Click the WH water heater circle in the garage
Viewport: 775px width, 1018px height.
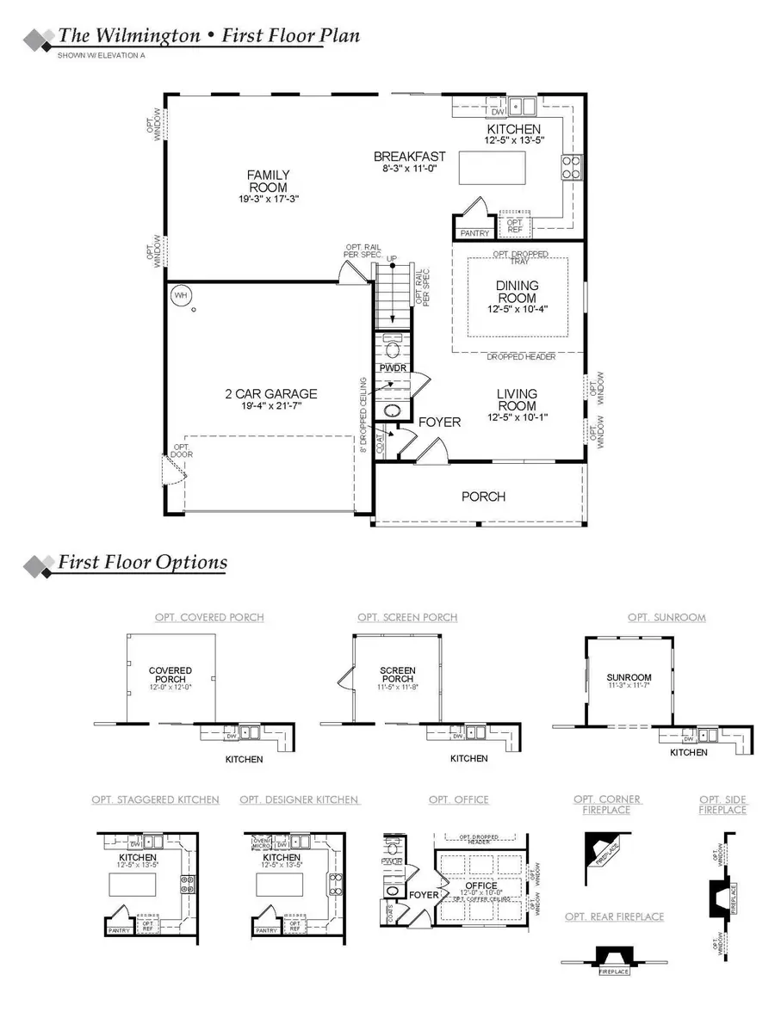[x=180, y=295]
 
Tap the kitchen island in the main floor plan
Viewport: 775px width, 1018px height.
[x=492, y=167]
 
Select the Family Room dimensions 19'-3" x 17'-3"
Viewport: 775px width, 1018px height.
[x=269, y=199]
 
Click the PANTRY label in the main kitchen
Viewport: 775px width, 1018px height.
[x=474, y=233]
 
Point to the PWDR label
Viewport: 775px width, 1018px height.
[x=391, y=368]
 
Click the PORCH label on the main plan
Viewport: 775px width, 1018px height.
[x=483, y=497]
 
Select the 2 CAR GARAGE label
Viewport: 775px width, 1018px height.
[x=271, y=394]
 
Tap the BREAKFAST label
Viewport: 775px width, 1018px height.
[x=409, y=157]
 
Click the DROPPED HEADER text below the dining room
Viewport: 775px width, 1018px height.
[x=520, y=357]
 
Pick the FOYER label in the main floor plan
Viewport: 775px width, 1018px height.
[x=439, y=423]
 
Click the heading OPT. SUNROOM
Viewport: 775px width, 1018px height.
[x=666, y=618]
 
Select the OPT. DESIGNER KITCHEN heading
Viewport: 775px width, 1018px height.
[x=299, y=800]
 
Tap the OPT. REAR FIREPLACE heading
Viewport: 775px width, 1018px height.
[x=614, y=917]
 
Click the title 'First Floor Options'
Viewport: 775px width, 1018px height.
[x=142, y=563]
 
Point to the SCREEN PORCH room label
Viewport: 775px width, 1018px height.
[x=398, y=675]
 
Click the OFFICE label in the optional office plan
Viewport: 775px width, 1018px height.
[x=480, y=885]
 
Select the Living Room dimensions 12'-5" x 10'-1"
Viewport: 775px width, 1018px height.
[x=517, y=417]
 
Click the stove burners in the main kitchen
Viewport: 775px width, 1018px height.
[x=572, y=166]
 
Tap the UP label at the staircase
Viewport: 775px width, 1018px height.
[x=392, y=258]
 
